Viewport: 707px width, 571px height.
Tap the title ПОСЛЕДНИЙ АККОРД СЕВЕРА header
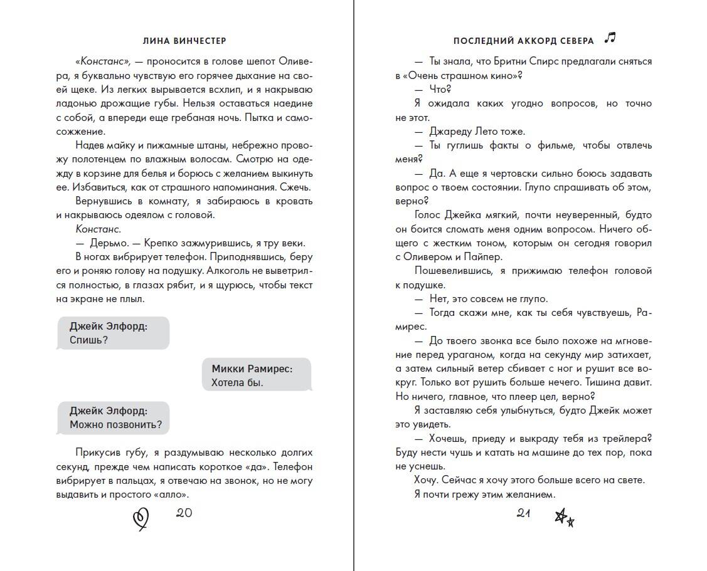pos(523,41)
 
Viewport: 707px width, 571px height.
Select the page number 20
pos(184,513)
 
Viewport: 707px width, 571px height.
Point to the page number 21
pos(524,513)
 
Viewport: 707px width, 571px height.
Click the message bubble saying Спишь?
pos(113,333)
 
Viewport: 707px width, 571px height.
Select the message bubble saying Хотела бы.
pos(257,375)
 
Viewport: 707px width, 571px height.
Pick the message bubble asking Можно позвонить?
pos(113,418)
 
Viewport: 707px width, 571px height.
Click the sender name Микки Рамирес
pos(252,369)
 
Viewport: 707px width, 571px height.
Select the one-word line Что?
pos(441,90)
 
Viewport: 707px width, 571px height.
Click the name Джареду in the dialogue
pos(451,132)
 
